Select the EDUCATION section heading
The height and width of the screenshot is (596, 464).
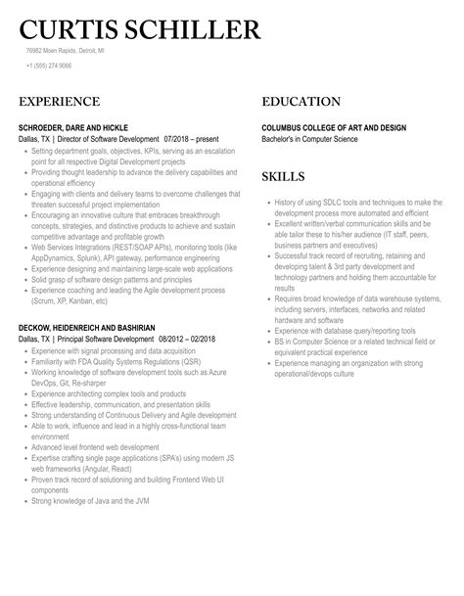point(302,102)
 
